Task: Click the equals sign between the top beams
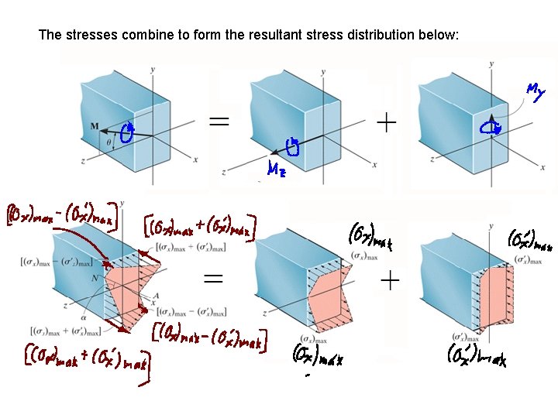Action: pyautogui.click(x=219, y=122)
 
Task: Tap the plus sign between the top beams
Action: pyautogui.click(x=385, y=121)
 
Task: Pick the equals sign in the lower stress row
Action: pyautogui.click(x=215, y=279)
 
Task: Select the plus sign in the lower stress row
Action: pyautogui.click(x=390, y=280)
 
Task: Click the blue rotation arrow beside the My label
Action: pyautogui.click(x=489, y=127)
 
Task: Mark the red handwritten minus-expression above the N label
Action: pyautogui.click(x=62, y=213)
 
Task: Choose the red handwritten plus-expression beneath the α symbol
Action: pyautogui.click(x=85, y=358)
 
